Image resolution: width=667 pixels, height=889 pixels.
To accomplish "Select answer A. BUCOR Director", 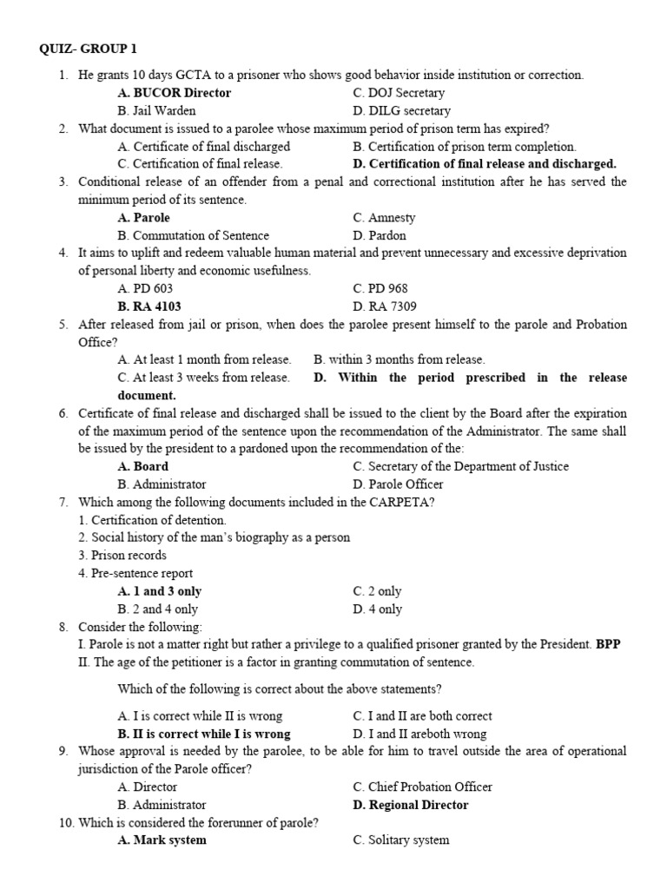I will pos(175,93).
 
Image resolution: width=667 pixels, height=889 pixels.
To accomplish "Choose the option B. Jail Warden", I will pos(156,111).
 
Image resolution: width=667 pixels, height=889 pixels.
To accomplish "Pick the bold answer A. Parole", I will pos(143,218).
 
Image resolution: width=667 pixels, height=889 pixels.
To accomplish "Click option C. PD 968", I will pos(380,288).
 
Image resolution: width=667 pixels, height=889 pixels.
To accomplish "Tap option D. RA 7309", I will pos(385,306).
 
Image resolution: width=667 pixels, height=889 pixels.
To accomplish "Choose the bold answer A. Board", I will pos(142,466).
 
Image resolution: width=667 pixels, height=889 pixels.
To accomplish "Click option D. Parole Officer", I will pos(398,484).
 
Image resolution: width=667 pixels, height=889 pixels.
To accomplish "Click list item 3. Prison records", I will pos(122,556).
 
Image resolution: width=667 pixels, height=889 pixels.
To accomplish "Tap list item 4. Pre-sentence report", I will pos(135,573).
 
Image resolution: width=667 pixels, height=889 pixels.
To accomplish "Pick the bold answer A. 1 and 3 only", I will pos(160,591).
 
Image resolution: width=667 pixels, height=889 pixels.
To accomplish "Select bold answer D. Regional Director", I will pos(410,805).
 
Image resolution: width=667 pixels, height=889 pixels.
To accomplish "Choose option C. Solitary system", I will pos(400,840).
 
